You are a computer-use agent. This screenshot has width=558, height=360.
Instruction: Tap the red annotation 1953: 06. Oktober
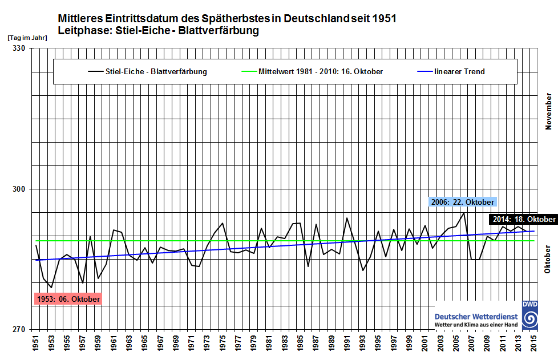pos(68,299)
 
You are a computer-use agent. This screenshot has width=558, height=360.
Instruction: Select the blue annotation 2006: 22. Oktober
pos(462,202)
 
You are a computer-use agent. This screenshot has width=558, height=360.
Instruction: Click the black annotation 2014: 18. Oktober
pos(523,220)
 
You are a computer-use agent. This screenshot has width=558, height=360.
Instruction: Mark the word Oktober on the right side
pos(548,260)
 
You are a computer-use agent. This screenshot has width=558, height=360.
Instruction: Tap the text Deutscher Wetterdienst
pos(476,316)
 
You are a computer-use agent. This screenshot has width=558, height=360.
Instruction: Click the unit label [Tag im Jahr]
pos(27,37)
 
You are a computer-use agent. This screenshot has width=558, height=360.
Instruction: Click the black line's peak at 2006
pos(464,213)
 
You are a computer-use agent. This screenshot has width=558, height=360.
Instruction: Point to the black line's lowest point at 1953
pos(51,288)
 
